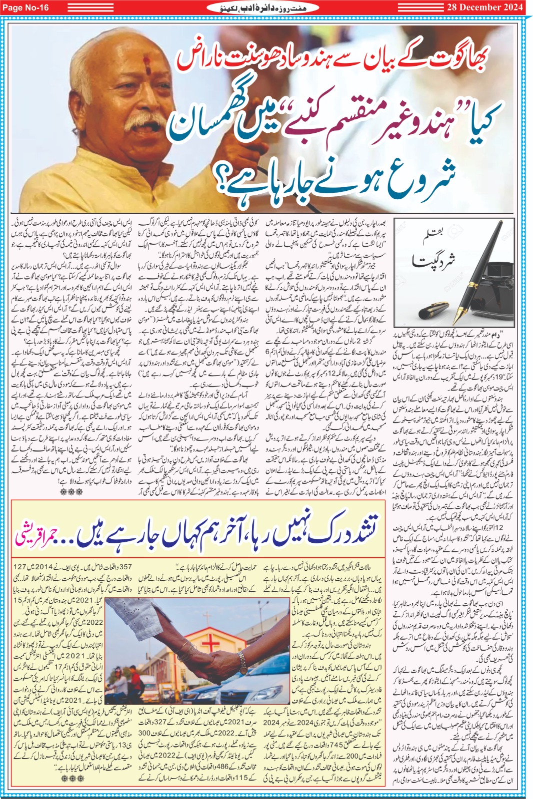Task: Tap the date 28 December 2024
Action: [485, 7]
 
